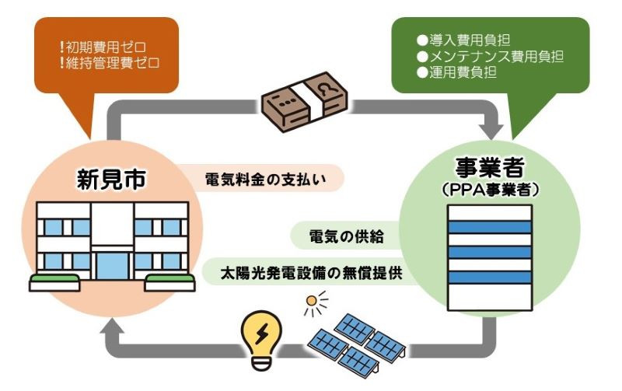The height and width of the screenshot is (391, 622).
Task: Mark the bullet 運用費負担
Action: coord(459,72)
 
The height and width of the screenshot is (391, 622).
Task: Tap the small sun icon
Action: coord(315,302)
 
